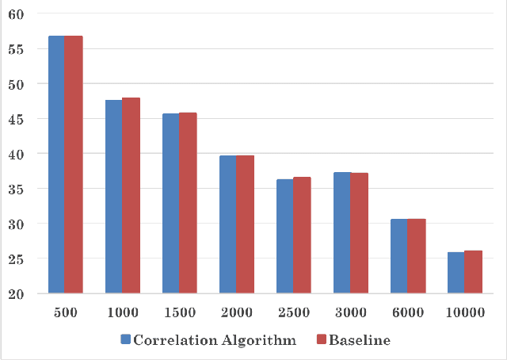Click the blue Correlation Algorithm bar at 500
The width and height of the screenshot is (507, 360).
pyautogui.click(x=56, y=164)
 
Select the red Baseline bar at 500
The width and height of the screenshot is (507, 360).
pyautogui.click(x=74, y=164)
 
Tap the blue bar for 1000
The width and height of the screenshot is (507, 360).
pyautogui.click(x=113, y=197)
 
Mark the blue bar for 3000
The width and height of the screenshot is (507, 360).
pyautogui.click(x=341, y=232)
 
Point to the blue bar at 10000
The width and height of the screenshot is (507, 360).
pyautogui.click(x=456, y=273)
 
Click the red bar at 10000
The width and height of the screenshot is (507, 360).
pyautogui.click(x=473, y=272)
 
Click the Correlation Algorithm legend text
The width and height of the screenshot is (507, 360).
pyautogui.click(x=215, y=340)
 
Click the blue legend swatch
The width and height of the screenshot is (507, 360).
pyautogui.click(x=125, y=340)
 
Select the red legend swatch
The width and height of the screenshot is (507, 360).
pyautogui.click(x=321, y=340)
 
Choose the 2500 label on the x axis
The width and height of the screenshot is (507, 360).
pyautogui.click(x=293, y=312)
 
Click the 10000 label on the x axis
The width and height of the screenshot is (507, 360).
pyautogui.click(x=464, y=312)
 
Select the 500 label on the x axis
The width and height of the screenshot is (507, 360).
pyautogui.click(x=65, y=312)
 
